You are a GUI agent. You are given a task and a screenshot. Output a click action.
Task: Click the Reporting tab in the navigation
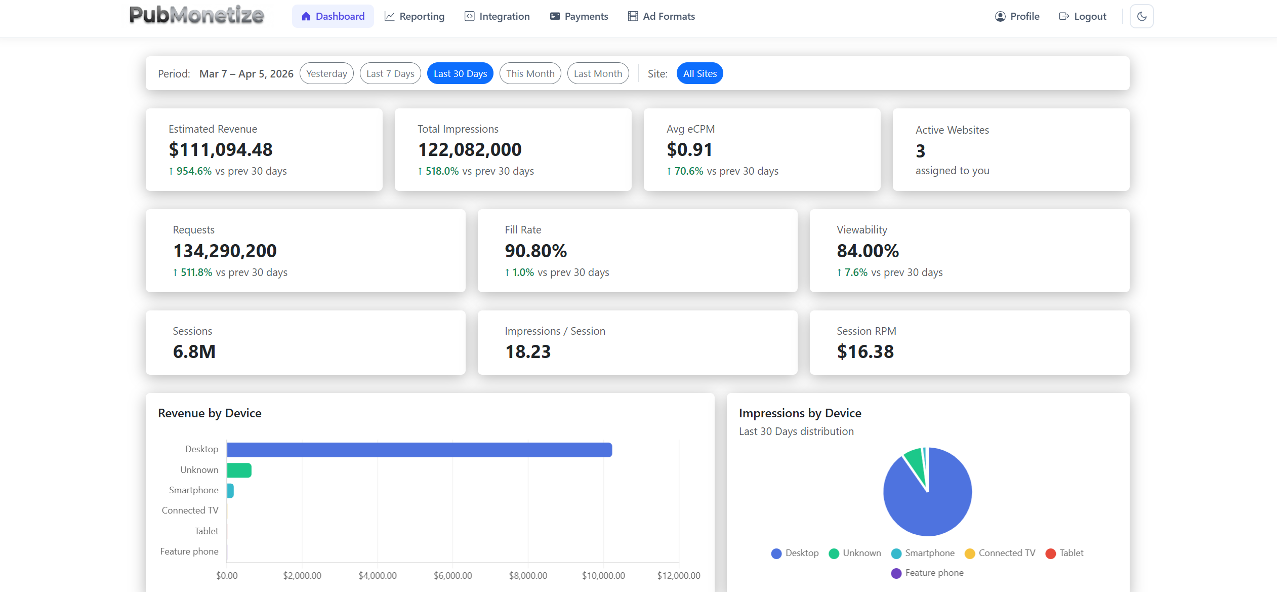(x=414, y=16)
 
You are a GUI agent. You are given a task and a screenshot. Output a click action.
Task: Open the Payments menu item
(x=579, y=16)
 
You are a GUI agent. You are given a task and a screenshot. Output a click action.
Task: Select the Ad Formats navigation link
(x=662, y=16)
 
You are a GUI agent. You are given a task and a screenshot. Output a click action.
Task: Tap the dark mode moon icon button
(x=1141, y=16)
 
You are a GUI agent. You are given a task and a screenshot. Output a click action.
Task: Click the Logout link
(x=1083, y=16)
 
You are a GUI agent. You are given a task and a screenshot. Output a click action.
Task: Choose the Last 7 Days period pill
(x=390, y=73)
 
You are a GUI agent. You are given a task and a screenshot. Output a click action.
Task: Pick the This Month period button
(x=530, y=73)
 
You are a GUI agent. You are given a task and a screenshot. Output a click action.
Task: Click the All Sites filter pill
(x=699, y=73)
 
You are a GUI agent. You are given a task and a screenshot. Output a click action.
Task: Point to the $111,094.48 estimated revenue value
(x=221, y=149)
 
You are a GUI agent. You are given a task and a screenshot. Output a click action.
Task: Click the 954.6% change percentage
(x=194, y=171)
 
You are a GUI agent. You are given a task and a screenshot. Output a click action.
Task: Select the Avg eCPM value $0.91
(x=689, y=149)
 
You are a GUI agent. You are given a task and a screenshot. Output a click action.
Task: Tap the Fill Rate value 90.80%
(x=535, y=251)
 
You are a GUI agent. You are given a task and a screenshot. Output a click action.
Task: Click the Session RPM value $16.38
(x=865, y=351)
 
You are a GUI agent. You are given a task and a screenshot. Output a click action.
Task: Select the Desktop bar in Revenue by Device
(x=419, y=450)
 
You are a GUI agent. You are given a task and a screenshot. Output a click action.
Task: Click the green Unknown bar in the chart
(x=239, y=470)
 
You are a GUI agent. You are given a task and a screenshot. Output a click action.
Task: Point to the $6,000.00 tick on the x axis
(x=452, y=575)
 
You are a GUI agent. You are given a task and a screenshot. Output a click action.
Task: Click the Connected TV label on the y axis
(x=190, y=510)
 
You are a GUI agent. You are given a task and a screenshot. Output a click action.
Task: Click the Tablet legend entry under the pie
(x=1065, y=553)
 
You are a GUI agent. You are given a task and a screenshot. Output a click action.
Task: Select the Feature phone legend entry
(x=927, y=573)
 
